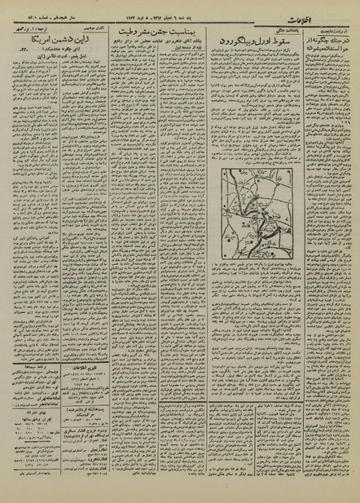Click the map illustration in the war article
point(257,187)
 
